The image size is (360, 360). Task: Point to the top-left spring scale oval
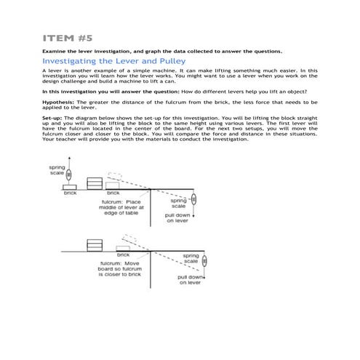[x=68, y=175]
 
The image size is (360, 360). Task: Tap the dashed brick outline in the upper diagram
[x=114, y=177]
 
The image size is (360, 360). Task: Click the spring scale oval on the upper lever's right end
[x=194, y=199]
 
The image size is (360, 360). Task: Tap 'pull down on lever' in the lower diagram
[x=191, y=280]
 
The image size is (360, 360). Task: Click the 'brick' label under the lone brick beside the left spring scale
[x=70, y=193]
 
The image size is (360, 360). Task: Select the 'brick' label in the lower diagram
[x=123, y=255]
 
